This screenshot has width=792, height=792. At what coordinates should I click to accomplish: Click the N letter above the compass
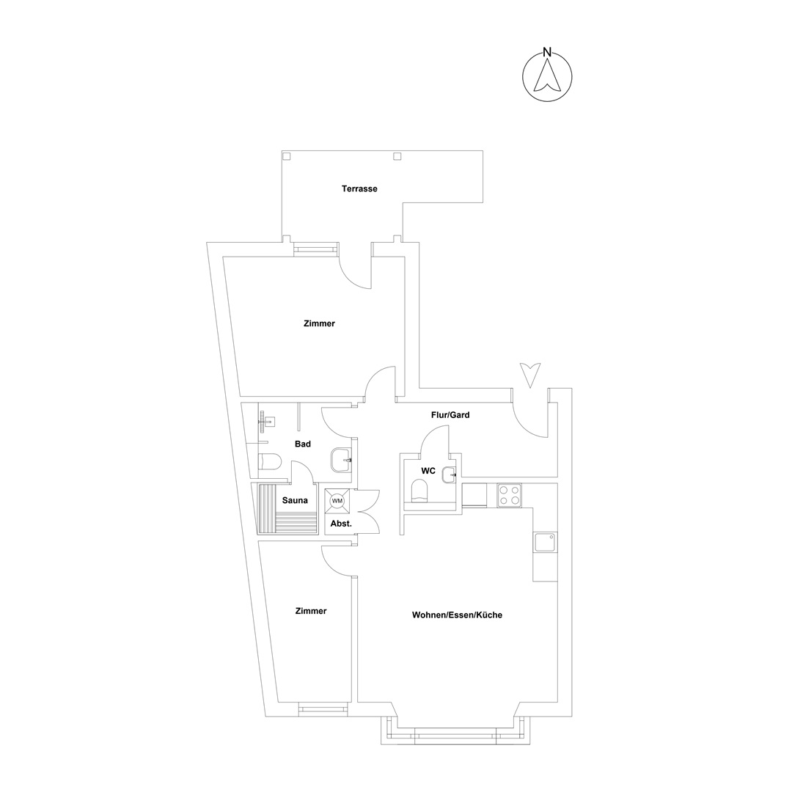[546, 51]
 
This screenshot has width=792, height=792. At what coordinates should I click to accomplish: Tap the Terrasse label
[359, 189]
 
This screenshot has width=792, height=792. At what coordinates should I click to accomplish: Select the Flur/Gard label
[450, 415]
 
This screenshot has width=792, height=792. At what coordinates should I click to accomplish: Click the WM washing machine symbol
[337, 501]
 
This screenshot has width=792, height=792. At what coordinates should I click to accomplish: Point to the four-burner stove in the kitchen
[509, 496]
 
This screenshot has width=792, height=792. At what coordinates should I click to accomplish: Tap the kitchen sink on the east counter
[545, 542]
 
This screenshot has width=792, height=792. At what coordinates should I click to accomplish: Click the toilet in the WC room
[419, 491]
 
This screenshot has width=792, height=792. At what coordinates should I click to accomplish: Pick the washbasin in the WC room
[449, 474]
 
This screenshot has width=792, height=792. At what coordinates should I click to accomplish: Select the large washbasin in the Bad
[341, 460]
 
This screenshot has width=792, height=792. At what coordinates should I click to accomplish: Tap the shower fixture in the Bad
[265, 421]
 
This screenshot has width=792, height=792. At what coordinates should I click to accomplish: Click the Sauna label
[295, 501]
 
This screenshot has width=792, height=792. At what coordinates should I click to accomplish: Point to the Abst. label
[341, 524]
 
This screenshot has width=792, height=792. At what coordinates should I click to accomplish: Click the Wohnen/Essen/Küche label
[457, 615]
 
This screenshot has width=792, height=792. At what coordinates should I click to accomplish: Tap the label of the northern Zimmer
[319, 324]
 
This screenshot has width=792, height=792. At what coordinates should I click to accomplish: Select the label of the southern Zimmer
[311, 611]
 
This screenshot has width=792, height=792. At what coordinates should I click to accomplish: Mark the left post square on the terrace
[287, 156]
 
